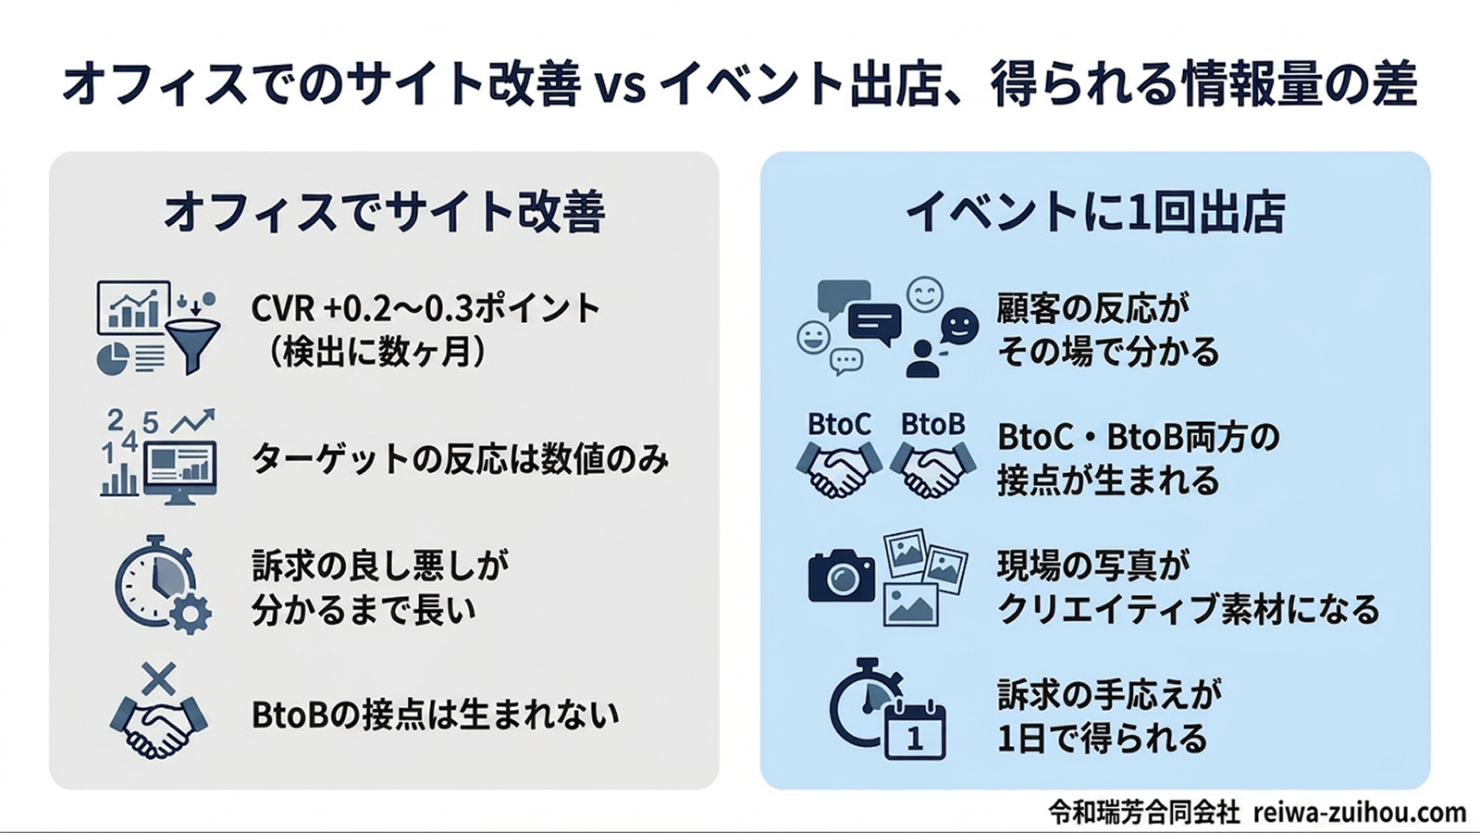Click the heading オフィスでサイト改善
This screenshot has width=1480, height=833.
coord(384,212)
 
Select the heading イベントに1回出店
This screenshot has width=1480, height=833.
coord(1095,212)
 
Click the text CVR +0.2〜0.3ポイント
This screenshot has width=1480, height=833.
coord(425,308)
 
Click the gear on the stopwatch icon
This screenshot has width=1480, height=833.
coord(190,614)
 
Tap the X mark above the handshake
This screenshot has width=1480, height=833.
coord(158,680)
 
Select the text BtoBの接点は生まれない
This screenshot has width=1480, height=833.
coord(435,715)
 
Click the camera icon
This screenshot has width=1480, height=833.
coord(841,577)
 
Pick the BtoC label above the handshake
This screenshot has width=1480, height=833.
coord(839,425)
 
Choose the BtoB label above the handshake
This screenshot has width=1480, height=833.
coord(932,425)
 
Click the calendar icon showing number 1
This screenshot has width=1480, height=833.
coord(915,731)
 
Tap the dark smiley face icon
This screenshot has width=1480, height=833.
coord(959,326)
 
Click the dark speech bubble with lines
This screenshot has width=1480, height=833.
coord(873,323)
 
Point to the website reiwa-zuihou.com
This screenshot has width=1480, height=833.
coord(1360,812)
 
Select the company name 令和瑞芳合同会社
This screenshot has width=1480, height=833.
coord(1143,812)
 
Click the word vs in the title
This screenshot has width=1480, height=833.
coord(620,85)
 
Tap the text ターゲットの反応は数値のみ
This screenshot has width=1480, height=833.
coord(460,459)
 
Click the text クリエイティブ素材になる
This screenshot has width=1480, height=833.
coord(1188,609)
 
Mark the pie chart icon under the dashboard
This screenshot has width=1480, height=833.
coord(113,358)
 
